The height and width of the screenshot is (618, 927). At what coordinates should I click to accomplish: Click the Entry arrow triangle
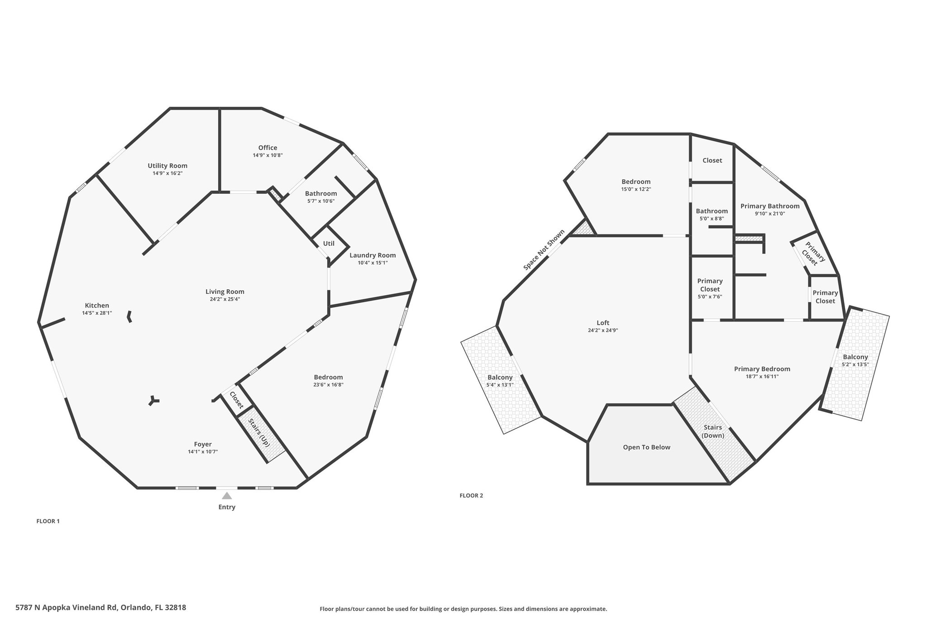coord(227,496)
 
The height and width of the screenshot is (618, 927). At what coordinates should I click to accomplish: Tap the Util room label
coord(329,244)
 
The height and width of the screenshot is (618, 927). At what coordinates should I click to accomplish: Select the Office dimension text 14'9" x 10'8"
coord(268,155)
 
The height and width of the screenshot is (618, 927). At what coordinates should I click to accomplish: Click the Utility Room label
coord(167,166)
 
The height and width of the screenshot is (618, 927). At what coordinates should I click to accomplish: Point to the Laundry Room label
coord(373,255)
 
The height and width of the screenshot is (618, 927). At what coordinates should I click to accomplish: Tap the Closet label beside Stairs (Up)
coord(236,400)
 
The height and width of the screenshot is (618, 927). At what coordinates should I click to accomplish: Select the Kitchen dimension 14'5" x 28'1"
coord(97,313)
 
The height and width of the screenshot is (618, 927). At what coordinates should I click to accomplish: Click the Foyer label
coord(203,444)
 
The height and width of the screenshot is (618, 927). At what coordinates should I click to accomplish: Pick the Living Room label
coord(225,292)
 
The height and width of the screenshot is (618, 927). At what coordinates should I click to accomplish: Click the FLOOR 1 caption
coord(48,521)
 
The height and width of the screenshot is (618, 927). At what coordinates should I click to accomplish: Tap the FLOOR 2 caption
coord(471,495)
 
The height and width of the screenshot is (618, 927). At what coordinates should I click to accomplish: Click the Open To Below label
coord(646,447)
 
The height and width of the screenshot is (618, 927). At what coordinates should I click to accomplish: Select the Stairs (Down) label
coord(713,431)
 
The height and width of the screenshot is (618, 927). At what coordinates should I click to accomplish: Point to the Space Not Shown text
coord(544,250)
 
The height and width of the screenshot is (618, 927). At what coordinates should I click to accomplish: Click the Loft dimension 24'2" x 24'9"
coord(603,331)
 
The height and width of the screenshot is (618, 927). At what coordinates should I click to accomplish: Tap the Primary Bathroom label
coord(770,206)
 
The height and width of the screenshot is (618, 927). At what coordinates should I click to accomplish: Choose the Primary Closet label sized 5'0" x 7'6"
coord(710,285)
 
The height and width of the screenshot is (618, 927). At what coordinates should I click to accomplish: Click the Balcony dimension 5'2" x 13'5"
coord(855,364)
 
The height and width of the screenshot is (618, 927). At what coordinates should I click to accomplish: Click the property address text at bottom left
coord(101,608)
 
